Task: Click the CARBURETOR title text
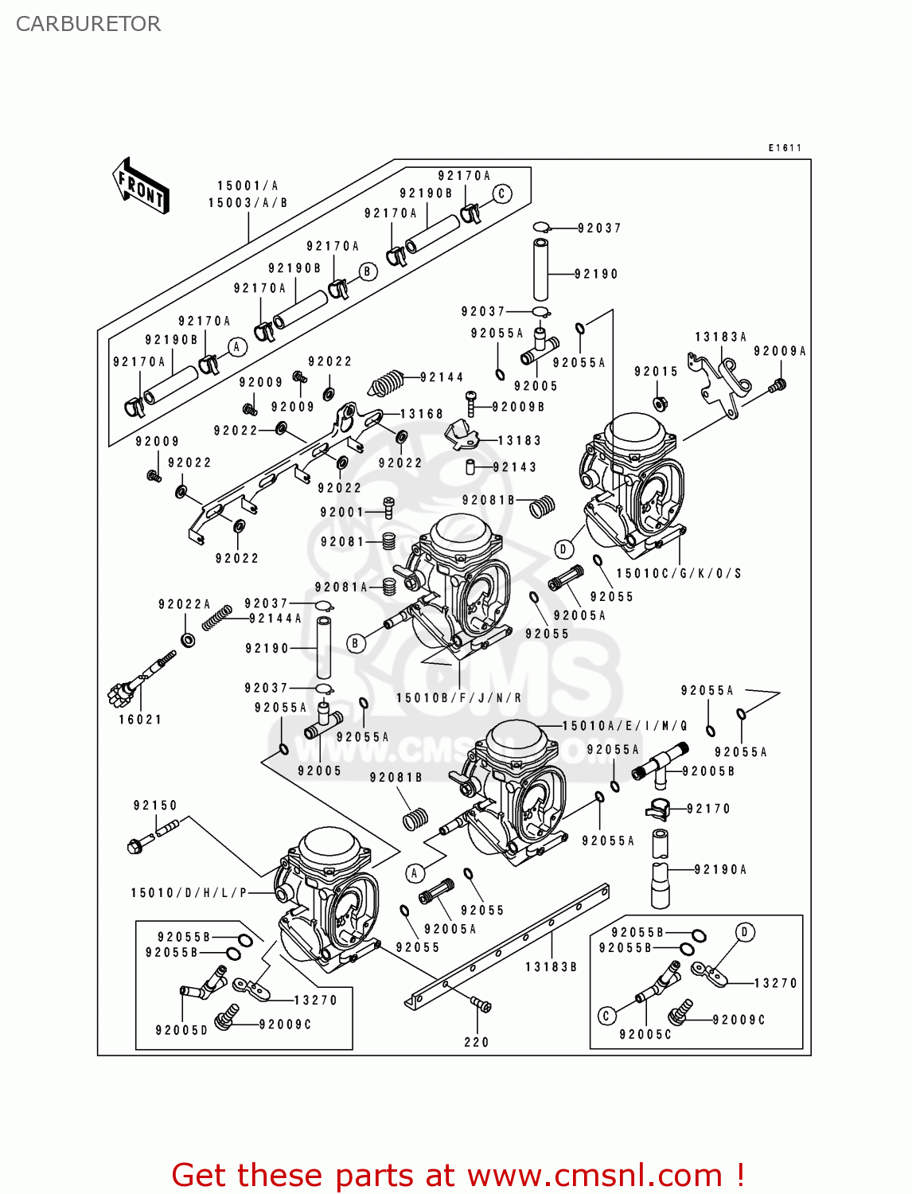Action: point(88,24)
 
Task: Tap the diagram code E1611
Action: point(785,148)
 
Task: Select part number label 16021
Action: point(140,720)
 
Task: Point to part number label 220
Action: point(477,1042)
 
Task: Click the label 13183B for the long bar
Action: point(551,967)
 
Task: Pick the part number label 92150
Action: point(155,806)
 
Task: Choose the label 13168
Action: point(421,414)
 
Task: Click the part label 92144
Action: point(442,377)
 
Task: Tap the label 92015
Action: point(656,372)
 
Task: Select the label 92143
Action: point(515,467)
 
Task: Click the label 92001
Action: point(341,513)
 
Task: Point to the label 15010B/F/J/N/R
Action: point(459,698)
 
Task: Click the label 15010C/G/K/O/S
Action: point(679,573)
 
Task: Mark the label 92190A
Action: point(720,870)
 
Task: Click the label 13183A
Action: point(720,338)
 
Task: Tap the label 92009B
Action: point(518,407)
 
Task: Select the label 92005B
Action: point(708,771)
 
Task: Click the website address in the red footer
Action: point(594,1176)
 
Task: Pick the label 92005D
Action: point(181,1030)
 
